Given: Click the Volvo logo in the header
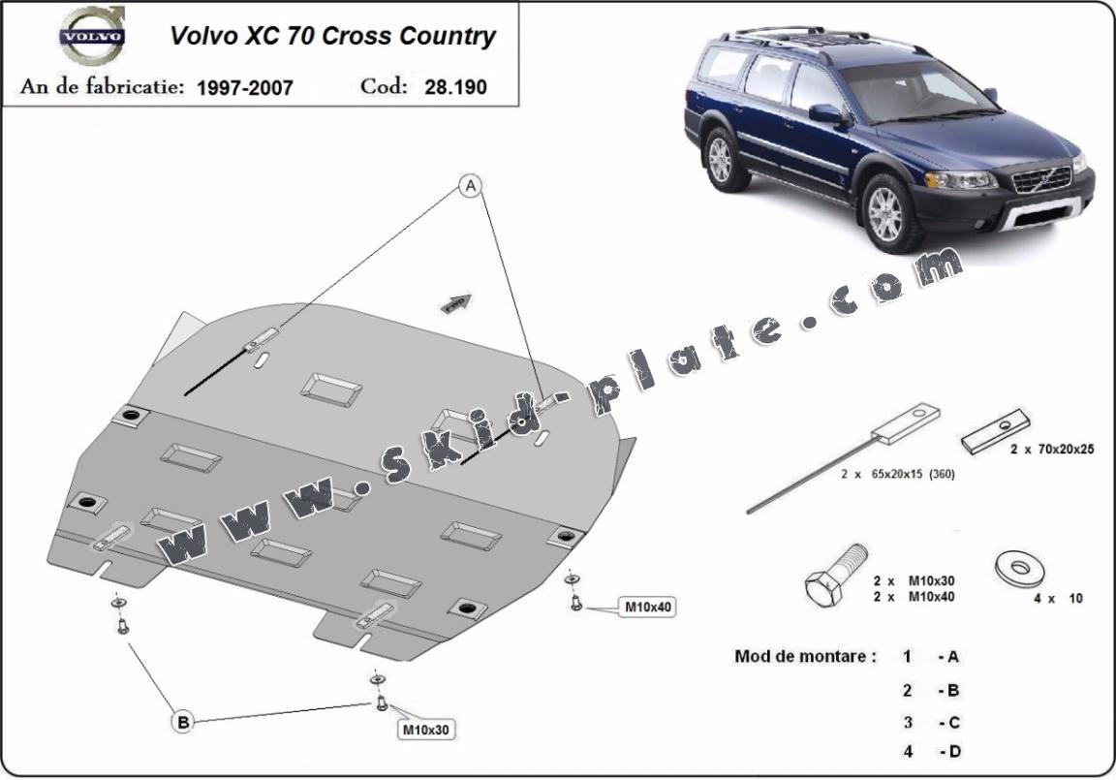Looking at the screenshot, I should (x=93, y=37).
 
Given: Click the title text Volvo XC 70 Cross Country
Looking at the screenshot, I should (x=332, y=37).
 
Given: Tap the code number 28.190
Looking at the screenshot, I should (x=455, y=86).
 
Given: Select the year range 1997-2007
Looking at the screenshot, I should (x=244, y=87).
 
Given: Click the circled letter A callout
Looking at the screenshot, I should (x=471, y=186).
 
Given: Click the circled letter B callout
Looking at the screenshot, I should (x=181, y=720).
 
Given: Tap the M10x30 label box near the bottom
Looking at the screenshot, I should (x=426, y=729).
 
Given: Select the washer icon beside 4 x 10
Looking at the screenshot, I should (x=1016, y=569).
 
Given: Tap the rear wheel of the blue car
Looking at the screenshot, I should (x=721, y=159).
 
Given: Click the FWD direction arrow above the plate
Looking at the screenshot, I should (x=456, y=303).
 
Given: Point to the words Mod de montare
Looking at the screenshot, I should (x=805, y=656).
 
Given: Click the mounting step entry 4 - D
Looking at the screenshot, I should (x=931, y=750).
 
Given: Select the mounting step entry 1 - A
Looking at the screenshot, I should (x=931, y=657).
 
